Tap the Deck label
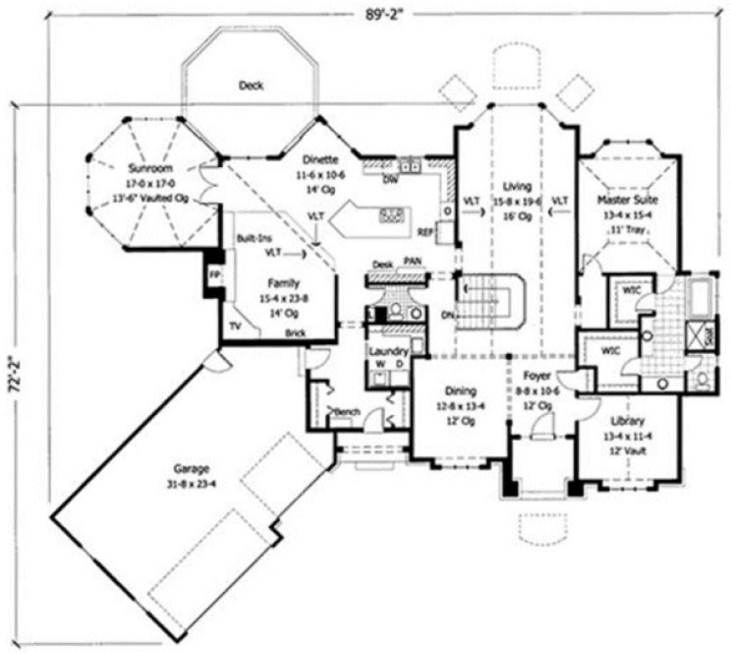[x=252, y=86]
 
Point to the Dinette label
[x=321, y=158]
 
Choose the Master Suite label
[x=625, y=200]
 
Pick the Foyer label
[x=535, y=374]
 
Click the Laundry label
[x=388, y=351]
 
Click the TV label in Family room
[x=235, y=324]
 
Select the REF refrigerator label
[x=425, y=233]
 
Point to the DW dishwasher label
[x=390, y=180]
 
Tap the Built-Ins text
[x=254, y=238]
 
